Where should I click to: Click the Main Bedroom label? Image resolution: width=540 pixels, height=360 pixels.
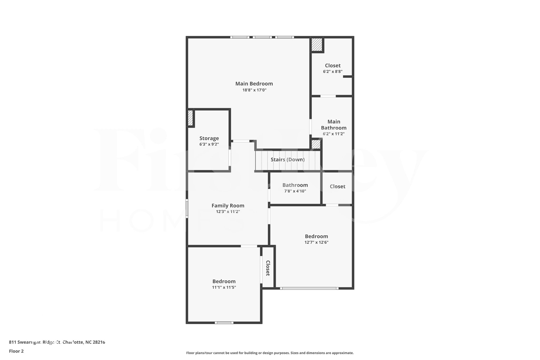(254, 84)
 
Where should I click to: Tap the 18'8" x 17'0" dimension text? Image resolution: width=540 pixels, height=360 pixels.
(254, 90)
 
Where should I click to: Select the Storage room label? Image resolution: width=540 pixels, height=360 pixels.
(209, 138)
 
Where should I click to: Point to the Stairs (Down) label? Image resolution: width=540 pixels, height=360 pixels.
(287, 160)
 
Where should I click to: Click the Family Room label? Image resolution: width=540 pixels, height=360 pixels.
(228, 205)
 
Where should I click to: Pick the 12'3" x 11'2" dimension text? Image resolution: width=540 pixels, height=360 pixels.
(228, 212)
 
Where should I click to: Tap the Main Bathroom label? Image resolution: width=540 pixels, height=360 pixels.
(334, 124)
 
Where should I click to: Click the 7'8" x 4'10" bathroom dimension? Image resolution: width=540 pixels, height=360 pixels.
(295, 191)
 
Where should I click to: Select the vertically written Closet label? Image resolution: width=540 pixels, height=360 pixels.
(268, 268)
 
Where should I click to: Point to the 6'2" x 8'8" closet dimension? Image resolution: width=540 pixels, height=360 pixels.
(332, 71)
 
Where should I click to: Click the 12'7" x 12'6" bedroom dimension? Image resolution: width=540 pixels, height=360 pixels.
(316, 242)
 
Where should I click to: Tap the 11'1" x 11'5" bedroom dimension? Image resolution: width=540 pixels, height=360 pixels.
(224, 287)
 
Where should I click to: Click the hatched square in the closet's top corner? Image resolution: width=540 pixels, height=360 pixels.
(317, 45)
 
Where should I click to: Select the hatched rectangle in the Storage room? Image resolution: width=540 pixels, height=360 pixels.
(190, 118)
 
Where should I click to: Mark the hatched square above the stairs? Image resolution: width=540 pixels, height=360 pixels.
(316, 144)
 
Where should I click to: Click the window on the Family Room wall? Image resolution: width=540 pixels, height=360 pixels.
(187, 208)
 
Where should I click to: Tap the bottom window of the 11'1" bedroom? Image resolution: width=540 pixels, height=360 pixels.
(224, 323)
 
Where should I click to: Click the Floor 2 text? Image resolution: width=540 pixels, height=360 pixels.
(16, 351)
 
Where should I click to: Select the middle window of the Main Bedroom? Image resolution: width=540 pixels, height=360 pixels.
(262, 37)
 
